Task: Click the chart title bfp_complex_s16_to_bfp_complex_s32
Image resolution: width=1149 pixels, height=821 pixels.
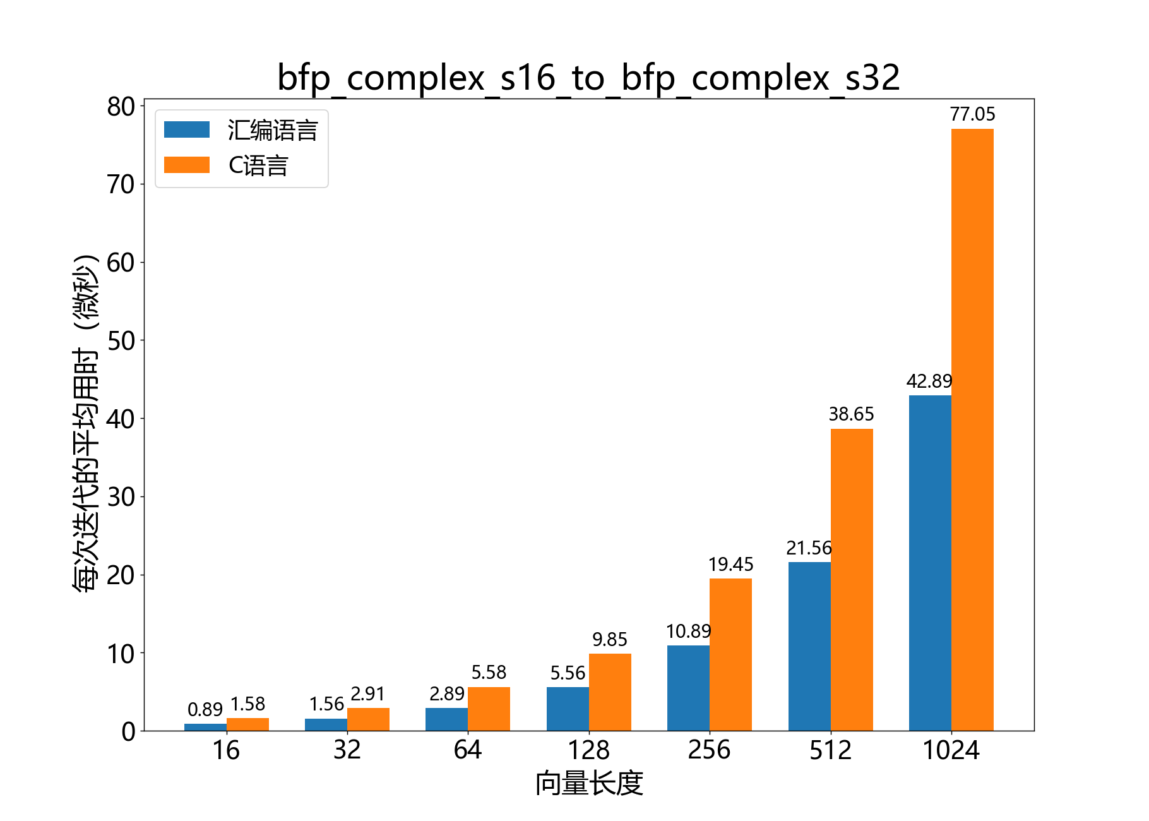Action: click(x=588, y=78)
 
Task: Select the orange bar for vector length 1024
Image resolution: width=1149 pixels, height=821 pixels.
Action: click(x=972, y=429)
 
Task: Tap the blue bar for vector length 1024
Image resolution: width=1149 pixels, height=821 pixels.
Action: click(x=930, y=563)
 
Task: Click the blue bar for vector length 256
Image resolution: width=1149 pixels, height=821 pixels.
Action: click(x=688, y=688)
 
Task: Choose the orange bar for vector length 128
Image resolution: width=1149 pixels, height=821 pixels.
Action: click(x=610, y=692)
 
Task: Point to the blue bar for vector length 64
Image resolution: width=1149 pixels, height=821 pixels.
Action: click(x=446, y=719)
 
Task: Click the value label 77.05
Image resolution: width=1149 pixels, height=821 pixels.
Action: click(x=972, y=114)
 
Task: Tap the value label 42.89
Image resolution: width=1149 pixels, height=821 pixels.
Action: click(x=929, y=381)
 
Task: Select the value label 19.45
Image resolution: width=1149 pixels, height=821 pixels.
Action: click(x=730, y=565)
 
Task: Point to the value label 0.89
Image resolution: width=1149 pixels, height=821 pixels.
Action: click(x=205, y=710)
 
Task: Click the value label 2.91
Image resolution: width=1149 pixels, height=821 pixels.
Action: click(x=367, y=694)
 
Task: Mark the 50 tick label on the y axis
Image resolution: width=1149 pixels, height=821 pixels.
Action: click(x=121, y=341)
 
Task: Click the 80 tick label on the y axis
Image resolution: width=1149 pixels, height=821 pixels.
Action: click(x=121, y=107)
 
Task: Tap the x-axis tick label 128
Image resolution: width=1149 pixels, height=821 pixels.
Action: click(x=588, y=750)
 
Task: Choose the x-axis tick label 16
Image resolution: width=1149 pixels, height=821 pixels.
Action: click(x=226, y=750)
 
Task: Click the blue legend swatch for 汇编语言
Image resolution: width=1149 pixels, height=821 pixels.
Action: click(x=187, y=129)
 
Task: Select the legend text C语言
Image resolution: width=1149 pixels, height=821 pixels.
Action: click(x=258, y=165)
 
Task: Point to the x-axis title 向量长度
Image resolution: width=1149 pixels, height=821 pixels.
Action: click(x=588, y=784)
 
